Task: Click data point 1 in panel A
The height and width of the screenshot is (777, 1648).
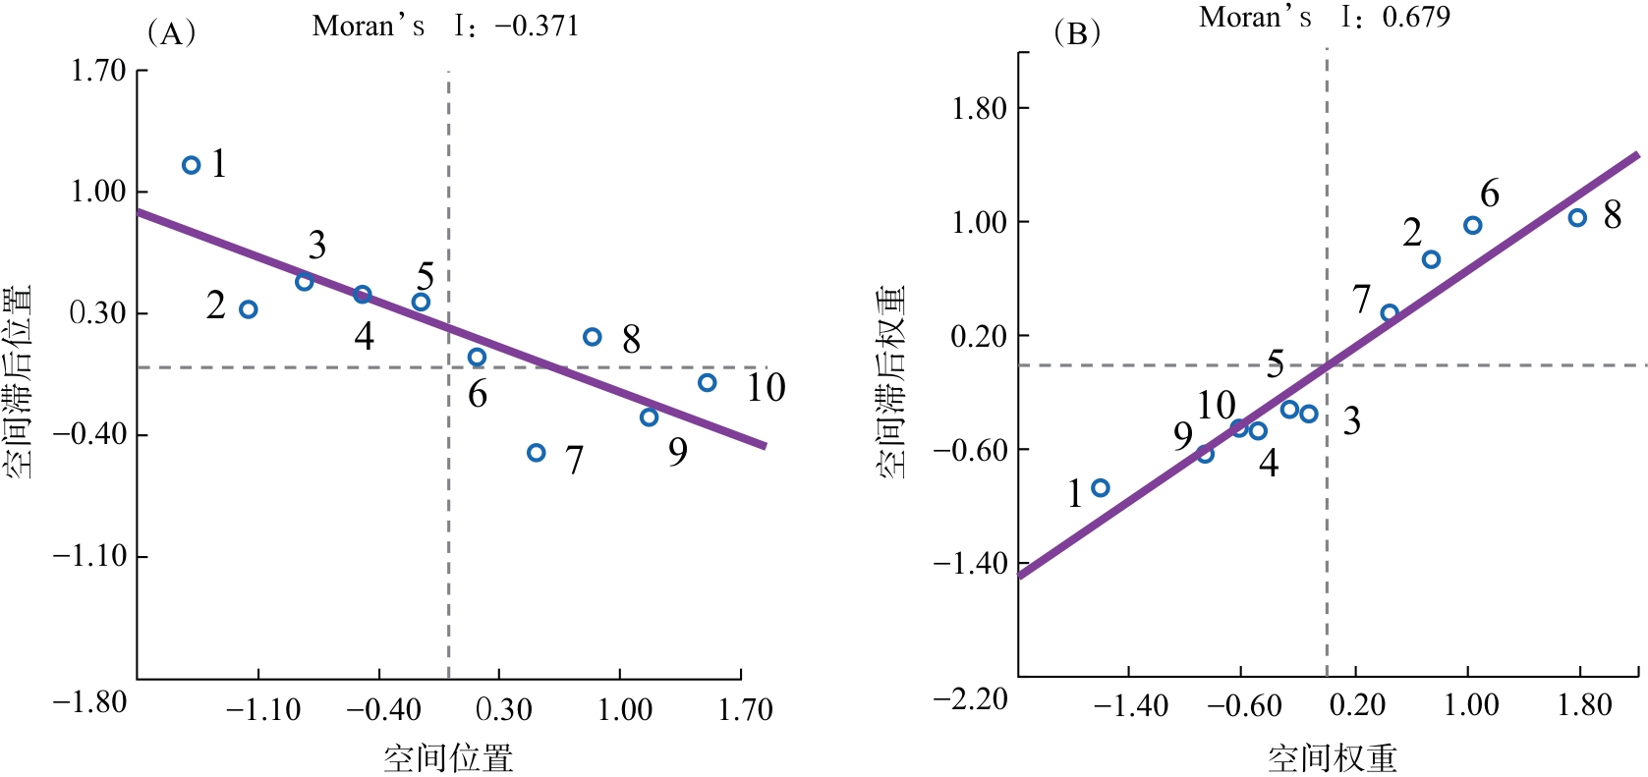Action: [x=192, y=165]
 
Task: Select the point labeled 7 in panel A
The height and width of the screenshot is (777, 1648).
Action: [x=536, y=453]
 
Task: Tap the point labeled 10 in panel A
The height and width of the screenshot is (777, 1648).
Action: [x=708, y=383]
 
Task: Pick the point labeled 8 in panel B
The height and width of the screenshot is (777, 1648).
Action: [x=1577, y=218]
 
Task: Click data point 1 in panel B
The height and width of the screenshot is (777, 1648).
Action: [x=1101, y=488]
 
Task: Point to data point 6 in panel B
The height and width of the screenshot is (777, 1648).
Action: [x=1472, y=226]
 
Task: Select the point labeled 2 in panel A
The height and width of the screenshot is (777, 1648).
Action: [x=249, y=309]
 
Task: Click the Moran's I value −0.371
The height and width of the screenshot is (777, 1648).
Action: [x=537, y=27]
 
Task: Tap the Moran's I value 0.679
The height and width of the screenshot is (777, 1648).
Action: [x=1416, y=17]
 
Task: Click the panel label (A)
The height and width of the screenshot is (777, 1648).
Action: [x=171, y=33]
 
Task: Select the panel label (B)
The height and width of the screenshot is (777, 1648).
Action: [x=1076, y=33]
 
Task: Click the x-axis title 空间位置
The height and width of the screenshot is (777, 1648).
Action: [x=448, y=757]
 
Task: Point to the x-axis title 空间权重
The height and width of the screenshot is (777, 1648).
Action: [x=1332, y=757]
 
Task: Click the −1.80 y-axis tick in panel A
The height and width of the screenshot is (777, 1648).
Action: [x=90, y=702]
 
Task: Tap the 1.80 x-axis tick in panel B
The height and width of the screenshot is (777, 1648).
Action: [x=1584, y=705]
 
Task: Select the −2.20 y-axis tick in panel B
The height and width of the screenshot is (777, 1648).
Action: [x=971, y=699]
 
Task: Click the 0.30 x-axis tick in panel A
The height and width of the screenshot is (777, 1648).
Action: [x=503, y=709]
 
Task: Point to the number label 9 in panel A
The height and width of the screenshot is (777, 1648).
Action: [x=678, y=452]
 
